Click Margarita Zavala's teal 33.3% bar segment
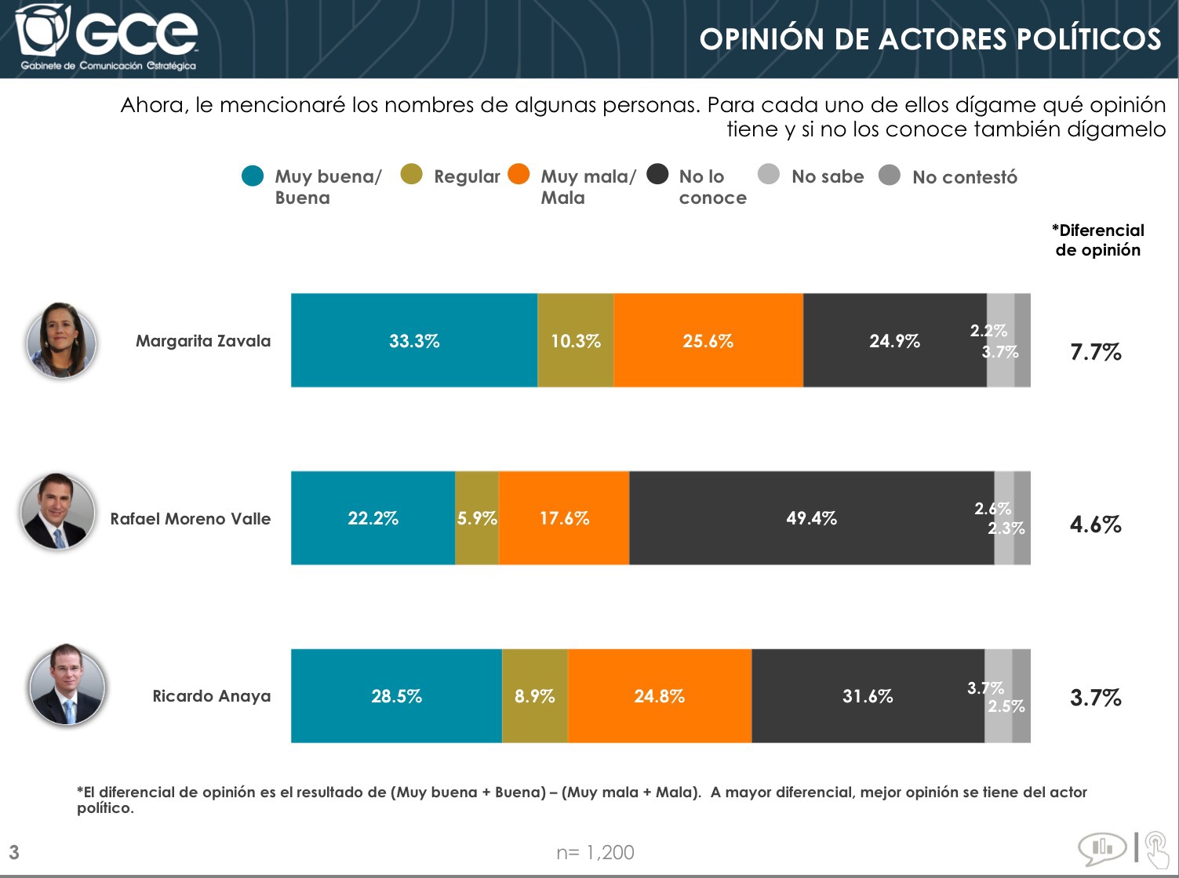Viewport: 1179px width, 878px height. (414, 340)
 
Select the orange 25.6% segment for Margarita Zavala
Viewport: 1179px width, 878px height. (708, 340)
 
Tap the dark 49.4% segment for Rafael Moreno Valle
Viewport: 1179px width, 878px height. (811, 518)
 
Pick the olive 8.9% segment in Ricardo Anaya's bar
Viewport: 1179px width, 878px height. (534, 696)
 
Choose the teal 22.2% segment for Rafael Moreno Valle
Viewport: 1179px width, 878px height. (373, 518)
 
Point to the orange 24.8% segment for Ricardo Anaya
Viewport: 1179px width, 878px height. (659, 696)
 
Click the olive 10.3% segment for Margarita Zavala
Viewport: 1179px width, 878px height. (575, 340)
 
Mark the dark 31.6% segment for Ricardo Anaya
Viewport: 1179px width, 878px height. (868, 696)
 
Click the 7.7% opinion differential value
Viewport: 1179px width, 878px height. (1096, 352)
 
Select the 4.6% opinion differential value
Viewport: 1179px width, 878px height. (1096, 524)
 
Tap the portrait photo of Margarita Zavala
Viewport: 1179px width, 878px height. (61, 341)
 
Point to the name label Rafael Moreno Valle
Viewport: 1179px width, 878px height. (191, 519)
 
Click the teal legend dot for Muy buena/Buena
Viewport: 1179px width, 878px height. (253, 176)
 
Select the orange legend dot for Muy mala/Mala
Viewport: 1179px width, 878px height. (519, 174)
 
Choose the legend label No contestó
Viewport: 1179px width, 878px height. (964, 177)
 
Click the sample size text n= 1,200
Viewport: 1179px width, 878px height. (595, 852)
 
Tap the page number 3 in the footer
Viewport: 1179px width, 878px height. (14, 852)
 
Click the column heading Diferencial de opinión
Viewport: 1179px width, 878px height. (1097, 240)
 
